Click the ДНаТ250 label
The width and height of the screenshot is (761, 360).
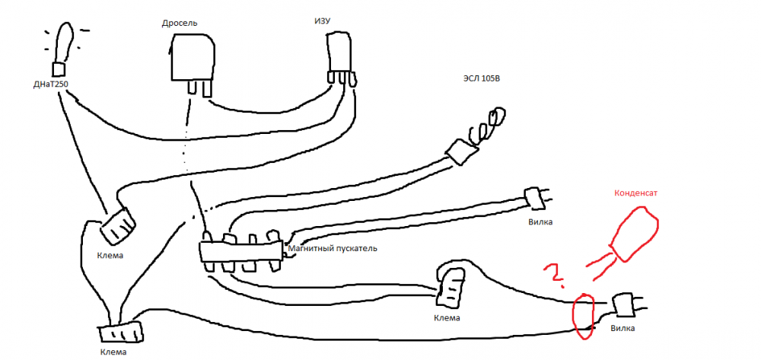(49, 84)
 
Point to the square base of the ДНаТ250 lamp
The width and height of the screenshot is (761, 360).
(59, 69)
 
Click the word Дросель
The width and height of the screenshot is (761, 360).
(180, 23)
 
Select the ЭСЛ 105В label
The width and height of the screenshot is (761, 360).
(481, 78)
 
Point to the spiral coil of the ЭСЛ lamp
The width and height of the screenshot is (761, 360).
(486, 126)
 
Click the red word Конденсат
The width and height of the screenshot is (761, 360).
(635, 193)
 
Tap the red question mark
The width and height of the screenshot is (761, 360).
(554, 275)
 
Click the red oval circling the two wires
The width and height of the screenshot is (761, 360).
(584, 316)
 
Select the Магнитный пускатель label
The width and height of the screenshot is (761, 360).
(333, 249)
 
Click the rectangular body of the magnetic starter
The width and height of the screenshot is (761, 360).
(241, 252)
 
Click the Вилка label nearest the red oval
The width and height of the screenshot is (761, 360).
(622, 329)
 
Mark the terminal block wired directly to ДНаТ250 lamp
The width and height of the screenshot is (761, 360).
(118, 225)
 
